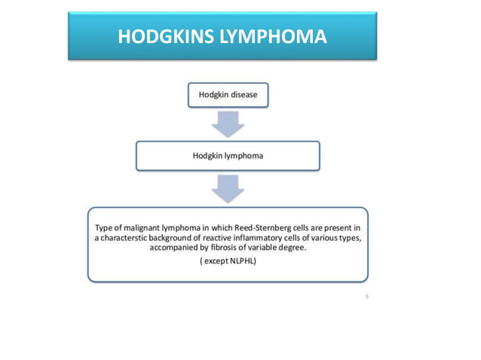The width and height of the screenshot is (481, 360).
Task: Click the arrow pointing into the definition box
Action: tap(228, 187)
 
